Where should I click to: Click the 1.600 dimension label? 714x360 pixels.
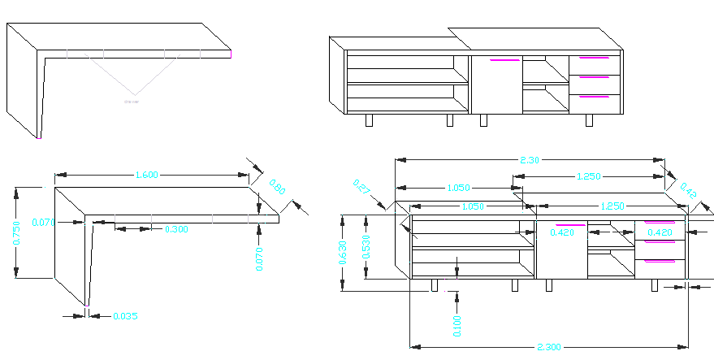[x=146, y=174]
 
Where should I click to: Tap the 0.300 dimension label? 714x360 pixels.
[x=176, y=230]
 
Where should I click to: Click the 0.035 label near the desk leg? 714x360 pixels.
[x=124, y=315]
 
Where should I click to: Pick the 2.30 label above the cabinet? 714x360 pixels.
[x=529, y=160]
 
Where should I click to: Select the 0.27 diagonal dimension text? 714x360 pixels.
[x=361, y=188]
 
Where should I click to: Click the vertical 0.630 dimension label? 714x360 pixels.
[x=343, y=253]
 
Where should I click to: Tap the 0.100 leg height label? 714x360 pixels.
[x=457, y=324]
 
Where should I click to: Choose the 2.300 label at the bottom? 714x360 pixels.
[x=548, y=348]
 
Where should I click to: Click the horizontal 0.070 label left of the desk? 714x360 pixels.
[x=42, y=221]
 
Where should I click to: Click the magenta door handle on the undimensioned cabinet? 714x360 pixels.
[x=504, y=59]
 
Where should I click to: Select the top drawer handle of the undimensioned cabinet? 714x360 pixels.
[x=593, y=58]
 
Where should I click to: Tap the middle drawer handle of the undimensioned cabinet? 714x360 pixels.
[x=593, y=77]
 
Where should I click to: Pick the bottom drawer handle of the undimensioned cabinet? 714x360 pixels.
[x=593, y=97]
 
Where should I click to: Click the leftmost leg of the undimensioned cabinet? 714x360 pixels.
[x=369, y=120]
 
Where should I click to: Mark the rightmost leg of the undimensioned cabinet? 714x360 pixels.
[x=589, y=120]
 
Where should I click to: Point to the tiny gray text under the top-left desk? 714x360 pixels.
[x=132, y=102]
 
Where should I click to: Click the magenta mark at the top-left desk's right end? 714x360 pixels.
[x=231, y=54]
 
